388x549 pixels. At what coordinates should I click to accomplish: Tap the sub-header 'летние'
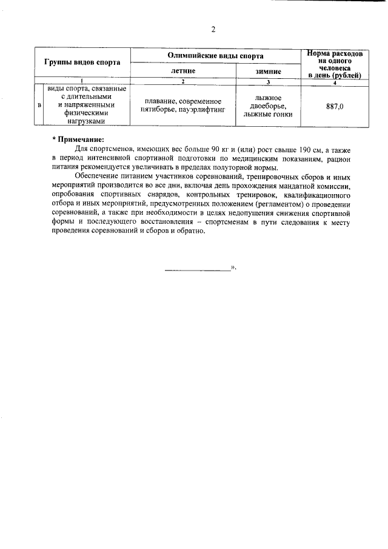(183, 71)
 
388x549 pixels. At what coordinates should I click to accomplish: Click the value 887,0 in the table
(335, 106)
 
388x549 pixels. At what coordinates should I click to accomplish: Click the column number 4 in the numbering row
(335, 82)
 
